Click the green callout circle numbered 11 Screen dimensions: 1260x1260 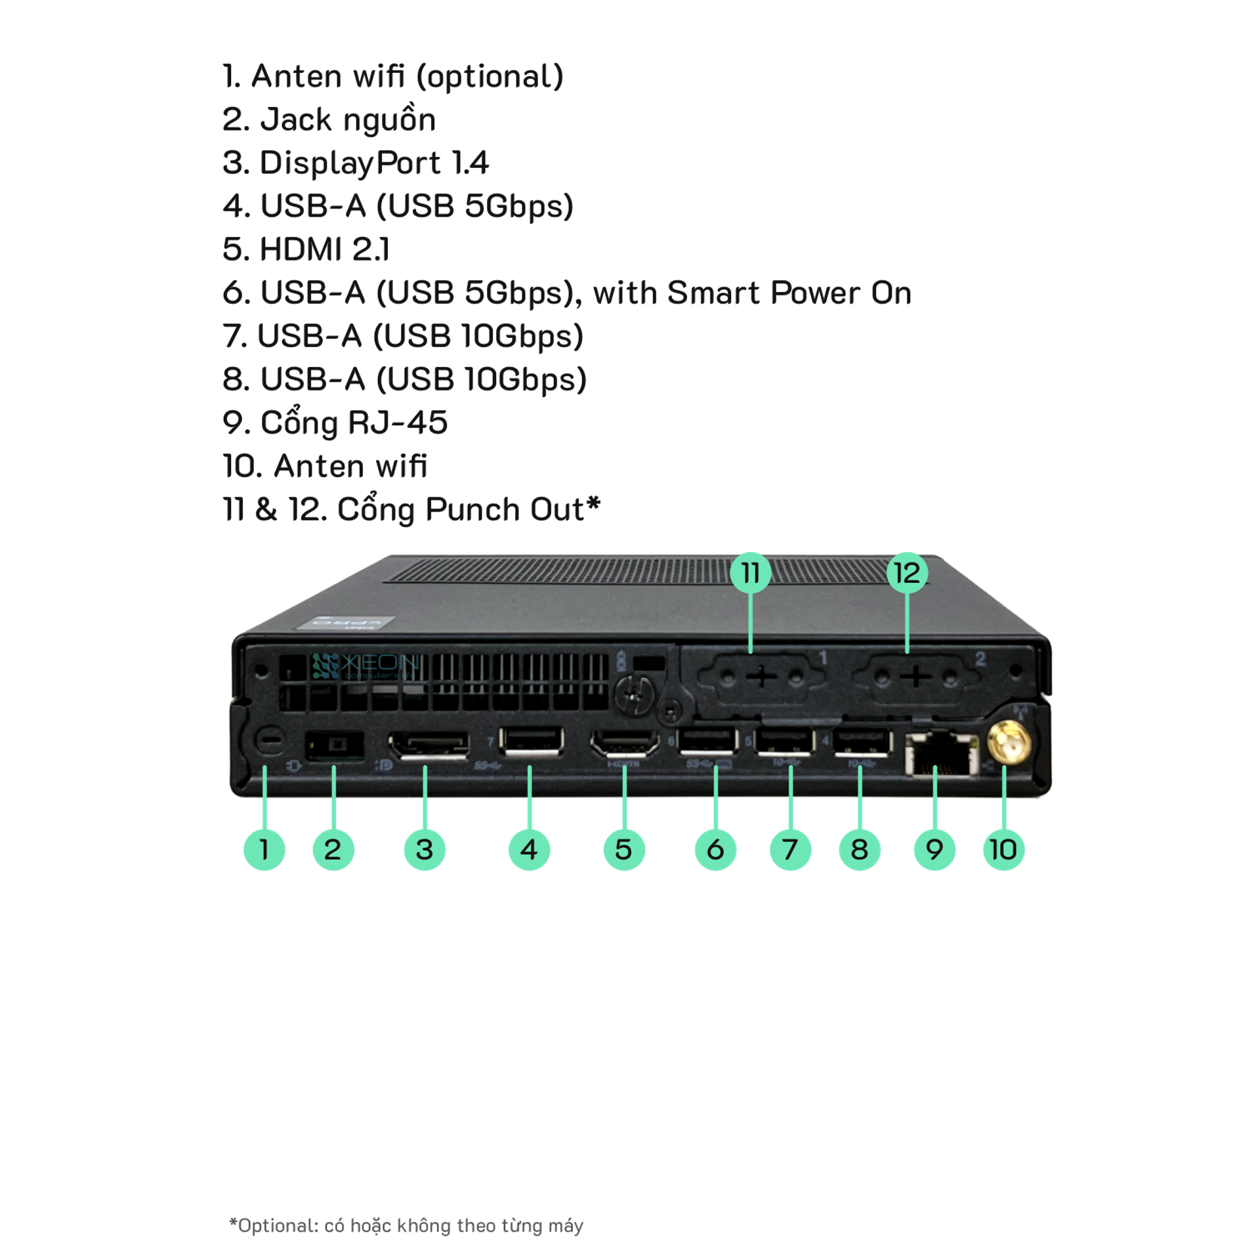click(x=751, y=573)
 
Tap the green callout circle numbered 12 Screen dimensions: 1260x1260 click(x=907, y=573)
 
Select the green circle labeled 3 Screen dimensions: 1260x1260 click(x=425, y=849)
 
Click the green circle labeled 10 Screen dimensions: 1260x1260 click(x=1003, y=849)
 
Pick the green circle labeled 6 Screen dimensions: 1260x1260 click(x=715, y=849)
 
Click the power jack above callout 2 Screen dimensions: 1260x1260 click(x=335, y=746)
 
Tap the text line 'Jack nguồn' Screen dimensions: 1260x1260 click(x=329, y=120)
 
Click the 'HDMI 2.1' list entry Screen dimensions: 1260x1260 click(x=306, y=250)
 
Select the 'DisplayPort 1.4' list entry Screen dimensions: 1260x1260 click(x=356, y=163)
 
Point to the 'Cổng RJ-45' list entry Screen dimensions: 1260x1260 click(x=335, y=423)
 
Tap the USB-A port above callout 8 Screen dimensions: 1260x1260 click(x=862, y=742)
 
